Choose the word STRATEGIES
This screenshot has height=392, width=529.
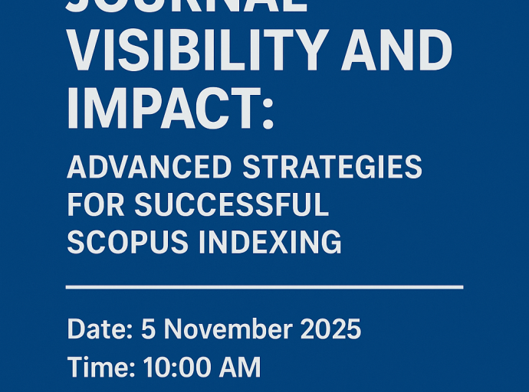click(331, 167)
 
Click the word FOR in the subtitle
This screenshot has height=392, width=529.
click(96, 204)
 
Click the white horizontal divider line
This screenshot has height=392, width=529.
click(264, 287)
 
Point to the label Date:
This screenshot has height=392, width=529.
click(97, 329)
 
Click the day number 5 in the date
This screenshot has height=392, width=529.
click(148, 329)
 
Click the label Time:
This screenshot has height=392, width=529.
click(99, 367)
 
